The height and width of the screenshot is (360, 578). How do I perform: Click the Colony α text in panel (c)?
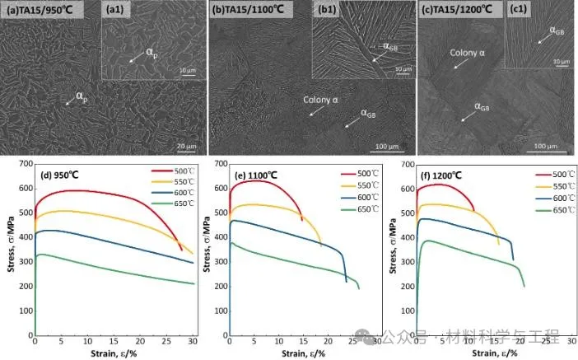pyautogui.click(x=468, y=54)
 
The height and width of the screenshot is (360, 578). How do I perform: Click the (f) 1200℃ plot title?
pyautogui.click(x=450, y=175)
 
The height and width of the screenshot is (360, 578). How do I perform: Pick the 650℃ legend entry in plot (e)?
pyautogui.click(x=367, y=210)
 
